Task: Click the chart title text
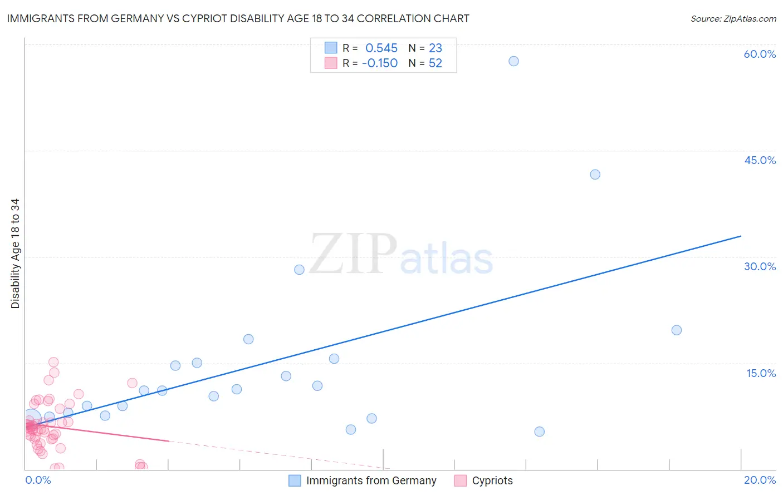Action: click(x=238, y=18)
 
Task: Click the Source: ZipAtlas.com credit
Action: click(x=733, y=18)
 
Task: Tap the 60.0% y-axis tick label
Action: click(x=760, y=54)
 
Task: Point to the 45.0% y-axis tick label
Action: click(x=760, y=160)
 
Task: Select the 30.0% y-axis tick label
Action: click(x=760, y=266)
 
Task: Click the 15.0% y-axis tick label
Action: click(x=761, y=373)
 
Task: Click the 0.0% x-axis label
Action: click(x=38, y=480)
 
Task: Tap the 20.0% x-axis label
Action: click(x=760, y=480)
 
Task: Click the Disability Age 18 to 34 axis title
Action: click(x=15, y=253)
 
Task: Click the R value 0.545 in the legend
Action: click(x=381, y=48)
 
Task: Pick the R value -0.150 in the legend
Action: click(x=380, y=63)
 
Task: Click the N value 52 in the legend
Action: click(x=435, y=63)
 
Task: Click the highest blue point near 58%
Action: click(x=513, y=61)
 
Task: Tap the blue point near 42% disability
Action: click(x=595, y=175)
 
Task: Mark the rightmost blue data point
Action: click(x=676, y=330)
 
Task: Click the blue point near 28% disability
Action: click(x=299, y=270)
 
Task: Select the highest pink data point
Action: click(x=53, y=362)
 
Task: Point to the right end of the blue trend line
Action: click(x=741, y=236)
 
